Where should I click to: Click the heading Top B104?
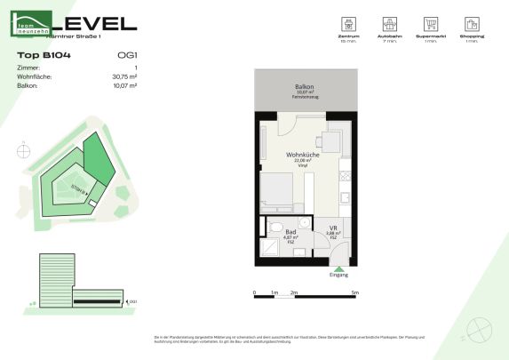pos(44,55)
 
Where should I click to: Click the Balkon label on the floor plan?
pos(306,87)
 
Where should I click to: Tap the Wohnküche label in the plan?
pos(302,155)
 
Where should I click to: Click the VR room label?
pos(332,229)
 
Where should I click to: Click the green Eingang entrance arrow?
pos(338,268)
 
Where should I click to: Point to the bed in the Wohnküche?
pos(279,190)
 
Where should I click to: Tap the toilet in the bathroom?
pos(274,227)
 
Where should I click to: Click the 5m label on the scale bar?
pos(354,292)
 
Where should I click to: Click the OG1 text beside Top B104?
pos(127,55)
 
